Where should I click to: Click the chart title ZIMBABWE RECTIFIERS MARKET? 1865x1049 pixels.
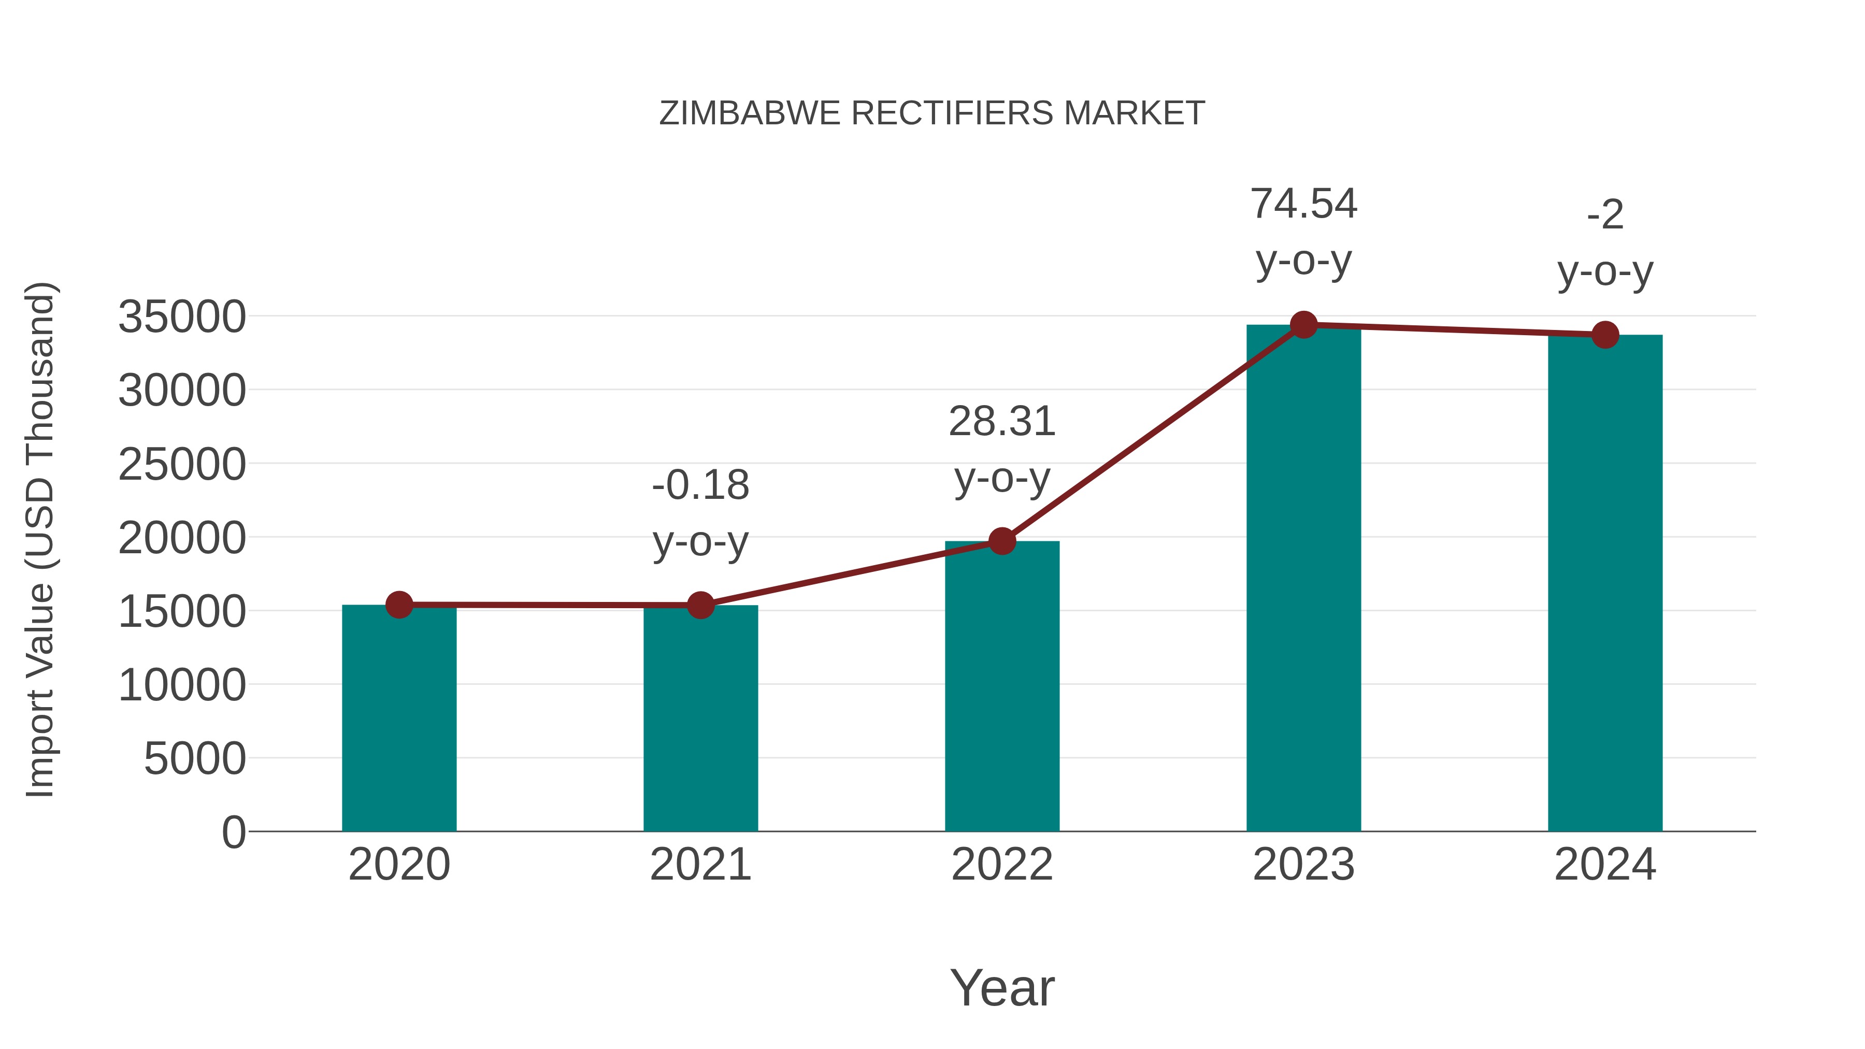click(x=932, y=113)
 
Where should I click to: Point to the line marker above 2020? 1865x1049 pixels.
click(x=399, y=605)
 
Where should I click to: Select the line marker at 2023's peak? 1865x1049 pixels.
click(x=1303, y=325)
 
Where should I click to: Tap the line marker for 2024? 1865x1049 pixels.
click(x=1605, y=335)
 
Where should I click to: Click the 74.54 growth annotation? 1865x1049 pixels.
click(x=1303, y=204)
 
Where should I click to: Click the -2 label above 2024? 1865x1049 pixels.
click(x=1605, y=215)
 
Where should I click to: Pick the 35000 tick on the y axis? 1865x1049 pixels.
click(x=182, y=317)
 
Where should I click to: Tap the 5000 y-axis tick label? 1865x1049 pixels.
click(x=195, y=759)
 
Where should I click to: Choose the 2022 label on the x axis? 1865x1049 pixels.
click(x=1002, y=865)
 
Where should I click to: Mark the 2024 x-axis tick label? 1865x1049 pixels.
click(x=1605, y=865)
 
